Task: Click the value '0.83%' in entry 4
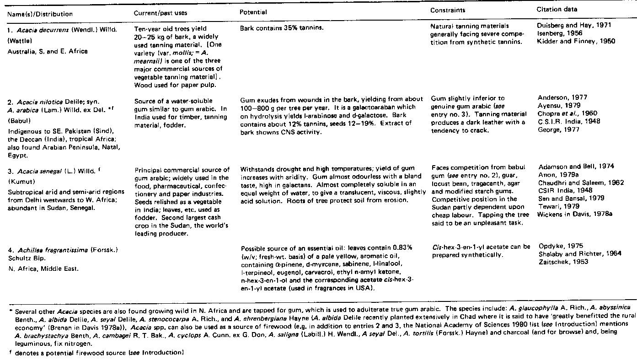tap(403, 247)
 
